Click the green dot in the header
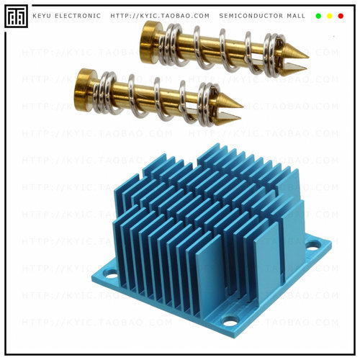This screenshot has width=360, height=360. tap(318, 16)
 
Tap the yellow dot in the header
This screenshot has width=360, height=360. tap(329, 16)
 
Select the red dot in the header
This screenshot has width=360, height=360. tap(341, 16)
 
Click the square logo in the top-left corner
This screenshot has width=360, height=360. tap(16, 16)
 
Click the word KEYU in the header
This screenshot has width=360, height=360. tap(42, 16)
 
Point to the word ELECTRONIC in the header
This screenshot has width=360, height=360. tap(78, 16)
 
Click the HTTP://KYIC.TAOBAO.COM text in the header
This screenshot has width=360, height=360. tap(161, 16)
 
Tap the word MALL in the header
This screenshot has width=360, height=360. tap(295, 16)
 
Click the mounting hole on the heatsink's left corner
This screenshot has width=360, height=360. tap(110, 274)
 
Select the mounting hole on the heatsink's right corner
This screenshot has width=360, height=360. tap(312, 245)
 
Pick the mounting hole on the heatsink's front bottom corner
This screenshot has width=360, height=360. tap(230, 321)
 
